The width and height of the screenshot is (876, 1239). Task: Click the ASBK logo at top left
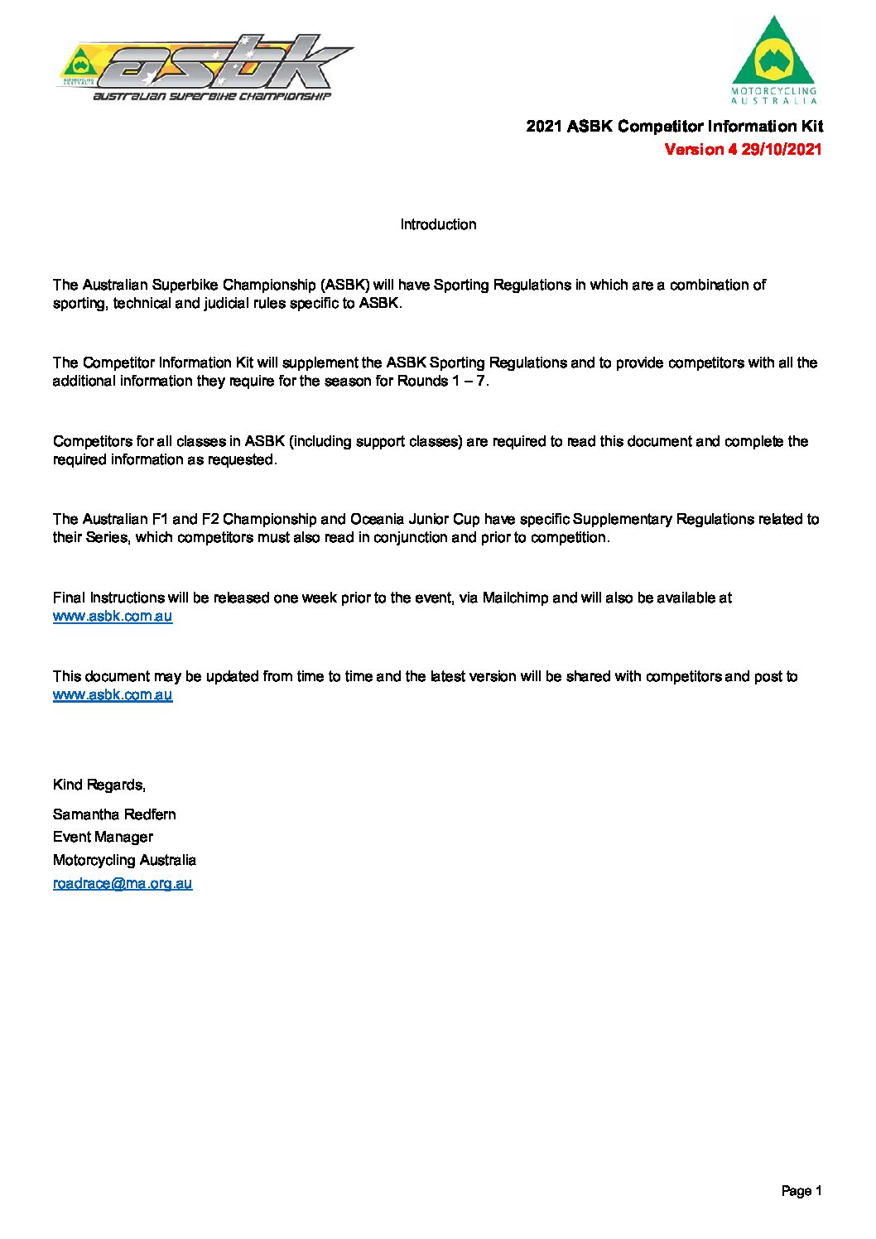pyautogui.click(x=205, y=69)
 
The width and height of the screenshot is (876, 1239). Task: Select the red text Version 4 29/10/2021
pyautogui.click(x=743, y=150)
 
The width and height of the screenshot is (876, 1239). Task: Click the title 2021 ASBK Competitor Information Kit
pyautogui.click(x=674, y=127)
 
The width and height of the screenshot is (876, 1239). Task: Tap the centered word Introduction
pyautogui.click(x=438, y=225)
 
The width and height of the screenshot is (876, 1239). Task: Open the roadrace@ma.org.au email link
pyautogui.click(x=123, y=883)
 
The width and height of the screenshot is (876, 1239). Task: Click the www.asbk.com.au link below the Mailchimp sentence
pyautogui.click(x=113, y=617)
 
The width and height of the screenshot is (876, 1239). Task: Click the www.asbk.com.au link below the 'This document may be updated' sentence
pyautogui.click(x=113, y=695)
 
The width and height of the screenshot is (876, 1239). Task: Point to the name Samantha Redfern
pyautogui.click(x=114, y=814)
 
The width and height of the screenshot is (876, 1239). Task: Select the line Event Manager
pyautogui.click(x=103, y=838)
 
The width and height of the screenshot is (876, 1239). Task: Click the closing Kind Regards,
pyautogui.click(x=99, y=785)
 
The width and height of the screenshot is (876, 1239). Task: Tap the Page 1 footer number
pyautogui.click(x=801, y=1191)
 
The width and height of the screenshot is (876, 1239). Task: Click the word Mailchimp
pyautogui.click(x=516, y=598)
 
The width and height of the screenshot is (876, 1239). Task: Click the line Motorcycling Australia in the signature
pyautogui.click(x=124, y=860)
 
